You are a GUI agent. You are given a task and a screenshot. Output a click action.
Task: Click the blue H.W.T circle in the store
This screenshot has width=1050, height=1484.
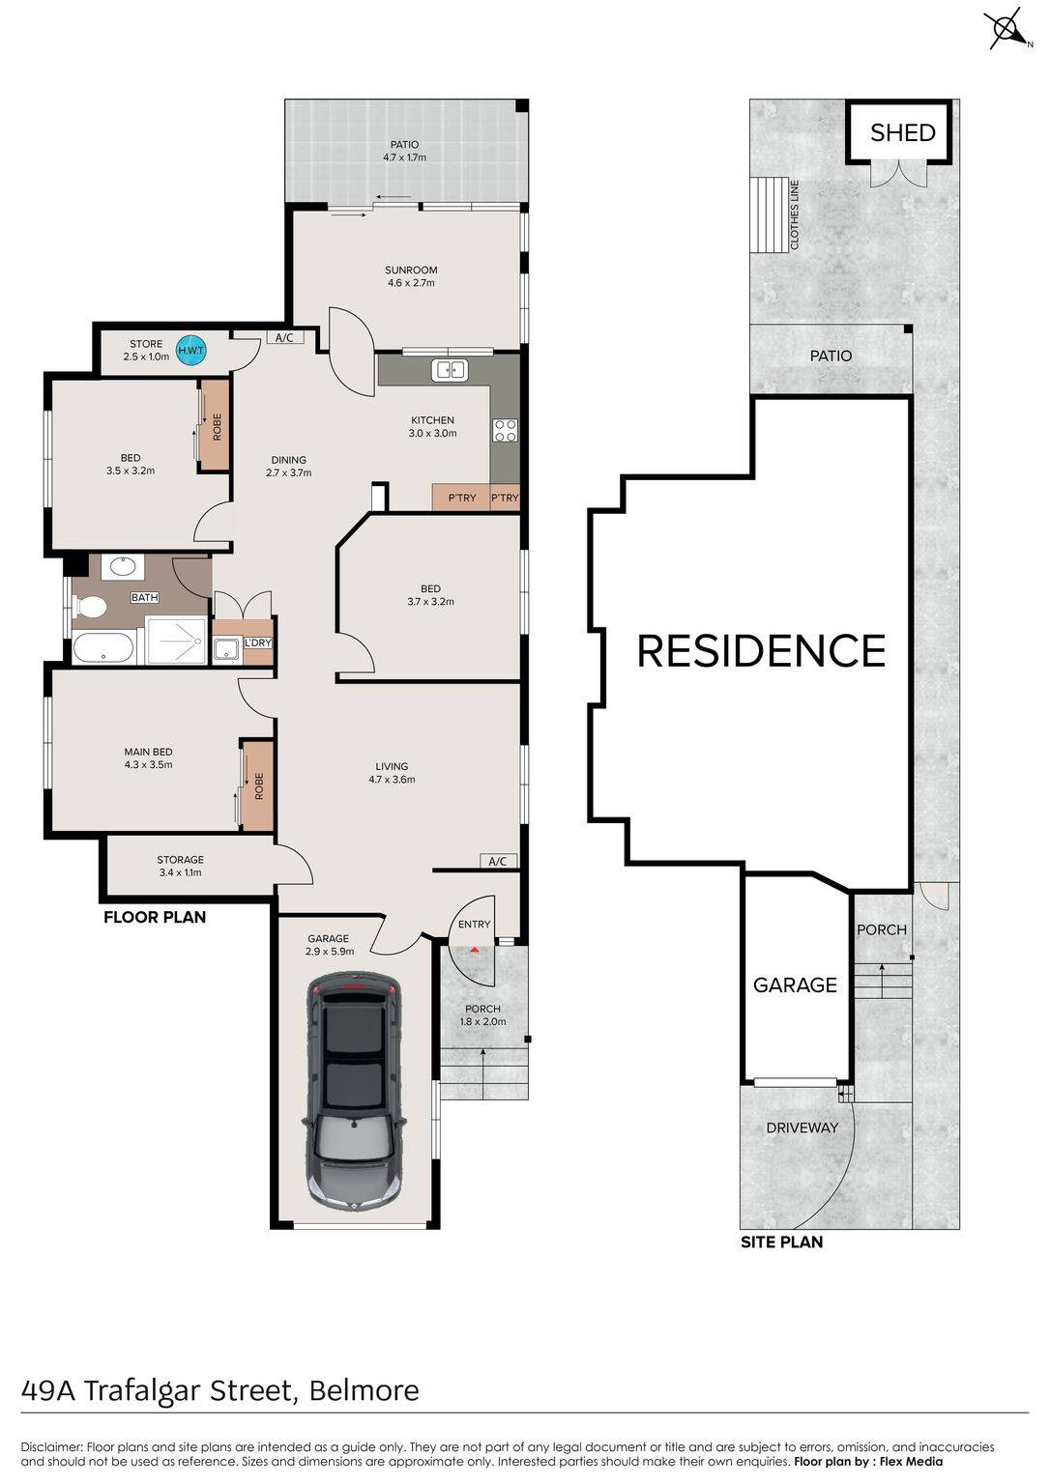coord(190,350)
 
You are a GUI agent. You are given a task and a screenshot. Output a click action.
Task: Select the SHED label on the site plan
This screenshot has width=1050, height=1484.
coord(902,132)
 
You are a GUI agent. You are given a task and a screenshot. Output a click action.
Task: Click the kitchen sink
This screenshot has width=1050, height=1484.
coord(450,370)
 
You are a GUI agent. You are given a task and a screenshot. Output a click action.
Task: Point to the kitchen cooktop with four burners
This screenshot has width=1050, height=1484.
coord(505,431)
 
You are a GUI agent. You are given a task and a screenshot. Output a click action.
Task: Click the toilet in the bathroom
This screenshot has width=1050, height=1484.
coord(91,606)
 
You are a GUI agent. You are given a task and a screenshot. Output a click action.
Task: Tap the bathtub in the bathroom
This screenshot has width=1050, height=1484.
coord(103,647)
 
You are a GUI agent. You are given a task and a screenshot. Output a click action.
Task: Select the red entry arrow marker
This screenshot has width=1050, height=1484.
coord(475,950)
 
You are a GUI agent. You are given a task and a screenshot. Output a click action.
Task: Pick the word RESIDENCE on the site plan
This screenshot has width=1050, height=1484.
coord(761,650)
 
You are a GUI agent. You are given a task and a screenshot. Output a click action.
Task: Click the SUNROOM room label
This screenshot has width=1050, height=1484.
coord(411,270)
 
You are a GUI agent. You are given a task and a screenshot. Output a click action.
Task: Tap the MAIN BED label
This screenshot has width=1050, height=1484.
coord(149,752)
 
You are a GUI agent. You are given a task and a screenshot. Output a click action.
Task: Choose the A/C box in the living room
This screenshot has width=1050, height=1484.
coord(498,861)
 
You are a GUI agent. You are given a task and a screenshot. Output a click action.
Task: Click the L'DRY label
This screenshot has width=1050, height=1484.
coord(258,642)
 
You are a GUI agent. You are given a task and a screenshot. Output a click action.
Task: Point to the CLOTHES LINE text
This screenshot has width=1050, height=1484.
coord(794,214)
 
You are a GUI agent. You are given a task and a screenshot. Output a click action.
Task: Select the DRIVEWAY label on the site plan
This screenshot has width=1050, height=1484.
coord(802,1127)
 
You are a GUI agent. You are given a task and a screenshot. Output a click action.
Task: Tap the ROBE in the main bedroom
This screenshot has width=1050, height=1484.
coord(258,785)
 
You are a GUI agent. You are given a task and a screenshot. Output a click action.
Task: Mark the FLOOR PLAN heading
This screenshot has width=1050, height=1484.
coord(155,917)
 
